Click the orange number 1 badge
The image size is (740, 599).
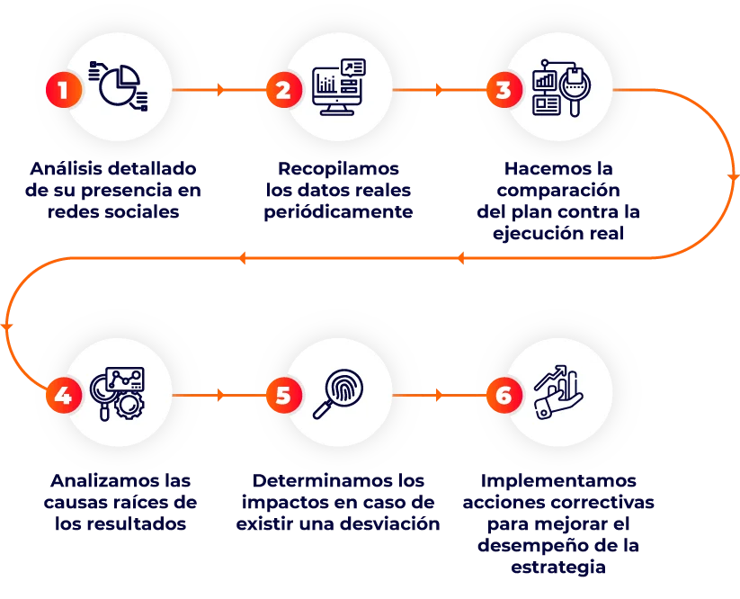click(x=63, y=90)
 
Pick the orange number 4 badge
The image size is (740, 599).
click(x=63, y=395)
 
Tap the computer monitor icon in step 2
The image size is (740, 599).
click(x=338, y=87)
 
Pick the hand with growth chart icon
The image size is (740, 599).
click(x=557, y=393)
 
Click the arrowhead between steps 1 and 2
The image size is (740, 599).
click(x=219, y=90)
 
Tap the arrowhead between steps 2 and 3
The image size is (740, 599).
click(x=439, y=90)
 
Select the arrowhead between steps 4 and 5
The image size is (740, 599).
click(x=219, y=395)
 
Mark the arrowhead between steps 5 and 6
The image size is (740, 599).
click(x=439, y=395)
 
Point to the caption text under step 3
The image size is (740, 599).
click(x=558, y=201)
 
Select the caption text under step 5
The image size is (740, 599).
click(x=338, y=502)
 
